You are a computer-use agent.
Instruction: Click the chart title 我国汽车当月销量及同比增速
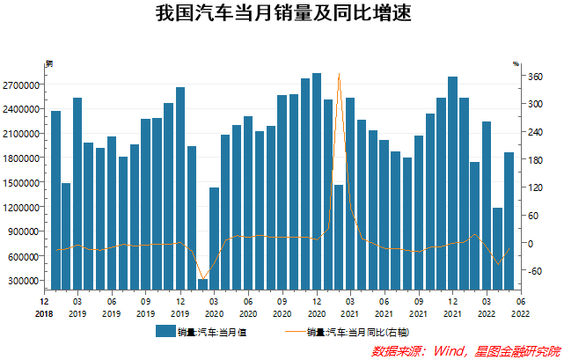click(x=282, y=15)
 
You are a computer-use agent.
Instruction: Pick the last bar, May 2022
click(x=509, y=220)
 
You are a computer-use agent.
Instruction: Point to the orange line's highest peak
click(x=339, y=75)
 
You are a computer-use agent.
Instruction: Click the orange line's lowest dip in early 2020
click(x=202, y=279)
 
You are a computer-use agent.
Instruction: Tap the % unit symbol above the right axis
click(x=516, y=63)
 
